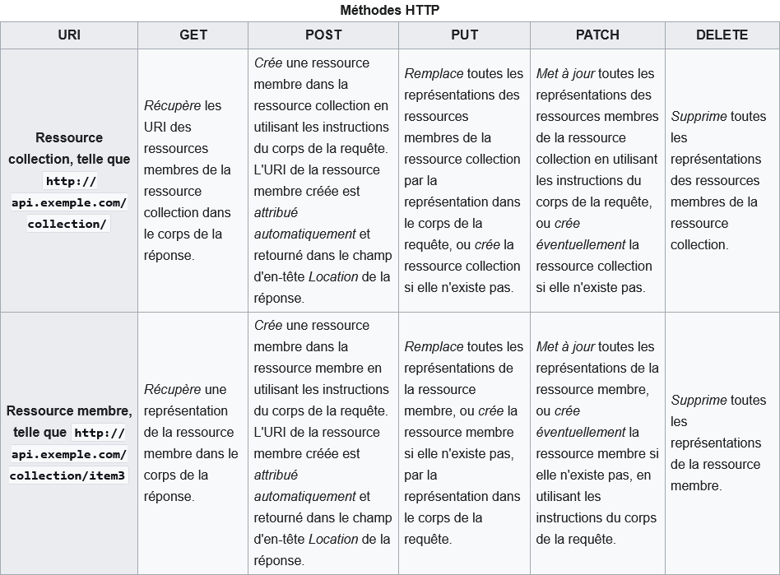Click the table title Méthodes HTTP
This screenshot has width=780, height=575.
tap(389, 10)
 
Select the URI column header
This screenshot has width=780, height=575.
tap(69, 35)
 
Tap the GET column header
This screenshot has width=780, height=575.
tap(193, 35)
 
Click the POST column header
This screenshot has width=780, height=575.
tap(323, 35)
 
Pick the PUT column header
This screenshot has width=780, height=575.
tap(464, 35)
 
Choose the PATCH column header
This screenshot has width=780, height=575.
tap(597, 35)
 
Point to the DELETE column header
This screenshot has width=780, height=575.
tap(722, 35)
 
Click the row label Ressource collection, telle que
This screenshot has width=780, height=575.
tap(69, 149)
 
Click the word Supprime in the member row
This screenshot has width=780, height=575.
tap(699, 401)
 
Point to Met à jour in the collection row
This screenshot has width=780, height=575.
tap(565, 73)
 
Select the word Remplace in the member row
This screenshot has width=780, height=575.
tap(434, 346)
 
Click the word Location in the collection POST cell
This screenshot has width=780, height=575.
tap(333, 276)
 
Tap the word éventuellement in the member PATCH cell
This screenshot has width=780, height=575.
tap(581, 432)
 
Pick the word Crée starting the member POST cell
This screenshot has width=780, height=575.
tap(268, 325)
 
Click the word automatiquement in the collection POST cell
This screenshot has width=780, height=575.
tap(304, 234)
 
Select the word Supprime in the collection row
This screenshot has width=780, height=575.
tap(699, 116)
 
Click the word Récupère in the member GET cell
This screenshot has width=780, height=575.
tap(172, 389)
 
